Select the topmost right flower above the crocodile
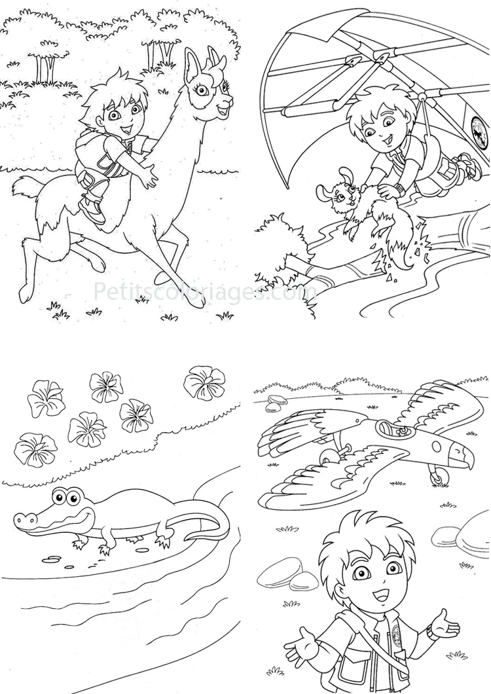tap(204, 382)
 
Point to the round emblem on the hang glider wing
tap(479, 125)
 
